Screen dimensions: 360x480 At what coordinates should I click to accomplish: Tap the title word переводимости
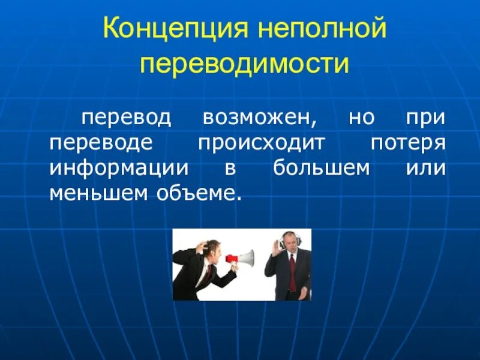pos(244,64)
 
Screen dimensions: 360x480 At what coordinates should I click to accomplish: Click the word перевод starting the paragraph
pos(127,118)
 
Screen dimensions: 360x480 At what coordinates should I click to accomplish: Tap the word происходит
pos(261,144)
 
